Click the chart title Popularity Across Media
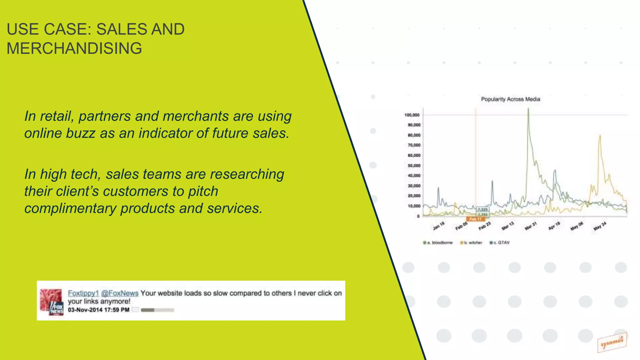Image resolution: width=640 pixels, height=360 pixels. point(510,99)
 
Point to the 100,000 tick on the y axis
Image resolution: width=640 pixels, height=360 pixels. point(412,115)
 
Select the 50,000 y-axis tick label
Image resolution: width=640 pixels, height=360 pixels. point(414,166)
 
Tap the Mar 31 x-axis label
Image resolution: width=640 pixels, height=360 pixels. point(530,226)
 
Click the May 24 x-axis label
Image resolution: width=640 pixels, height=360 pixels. point(600,226)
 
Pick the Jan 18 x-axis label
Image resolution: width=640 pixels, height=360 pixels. point(438,226)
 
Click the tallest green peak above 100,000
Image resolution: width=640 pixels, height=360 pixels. point(528,109)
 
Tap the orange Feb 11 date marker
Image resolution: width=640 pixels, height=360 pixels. point(475,219)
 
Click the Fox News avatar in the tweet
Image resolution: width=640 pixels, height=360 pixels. point(52,302)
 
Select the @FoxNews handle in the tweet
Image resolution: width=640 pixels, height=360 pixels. point(120,293)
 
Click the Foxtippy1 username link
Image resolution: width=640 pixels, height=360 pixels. point(83,293)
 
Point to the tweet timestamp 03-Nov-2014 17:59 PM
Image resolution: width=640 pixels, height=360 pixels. point(98,310)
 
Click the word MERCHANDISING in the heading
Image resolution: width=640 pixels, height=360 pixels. point(74,48)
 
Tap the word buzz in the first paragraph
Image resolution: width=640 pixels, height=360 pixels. point(81,133)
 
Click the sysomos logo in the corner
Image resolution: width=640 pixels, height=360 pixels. point(612,342)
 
